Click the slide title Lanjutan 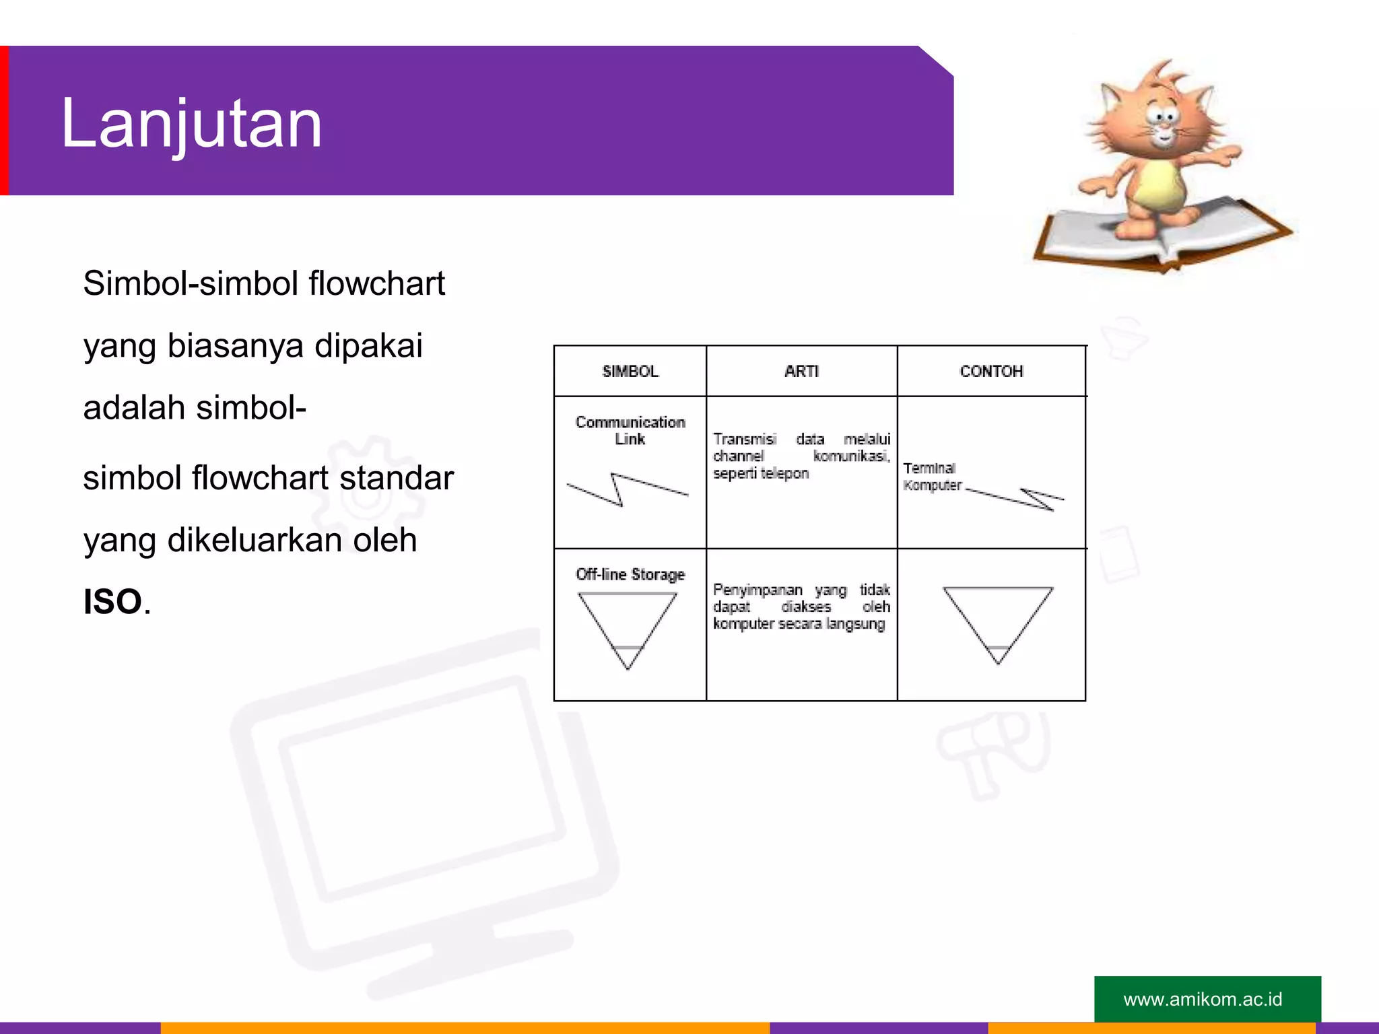tap(191, 124)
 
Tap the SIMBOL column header tap(630, 372)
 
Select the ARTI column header tap(801, 372)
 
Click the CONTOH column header tap(991, 372)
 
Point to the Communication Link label tap(630, 430)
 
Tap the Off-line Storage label tap(630, 574)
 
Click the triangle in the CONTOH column tap(998, 619)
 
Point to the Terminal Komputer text tap(932, 477)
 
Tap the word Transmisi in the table tap(744, 439)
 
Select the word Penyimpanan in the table tap(758, 590)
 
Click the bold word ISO tap(112, 601)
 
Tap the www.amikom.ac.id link tap(1203, 999)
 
